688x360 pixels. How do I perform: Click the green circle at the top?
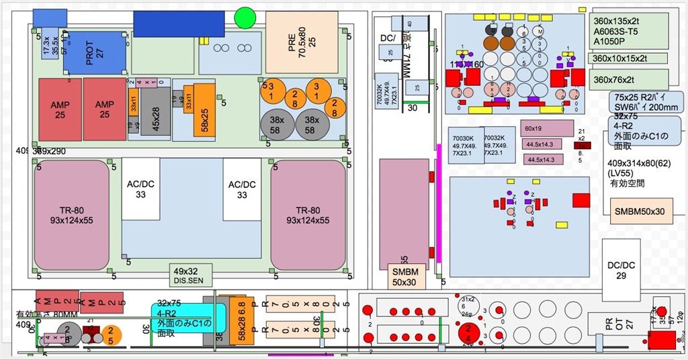(245, 17)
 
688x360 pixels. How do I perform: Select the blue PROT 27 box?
(95, 54)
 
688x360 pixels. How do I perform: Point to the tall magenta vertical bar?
(439, 201)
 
